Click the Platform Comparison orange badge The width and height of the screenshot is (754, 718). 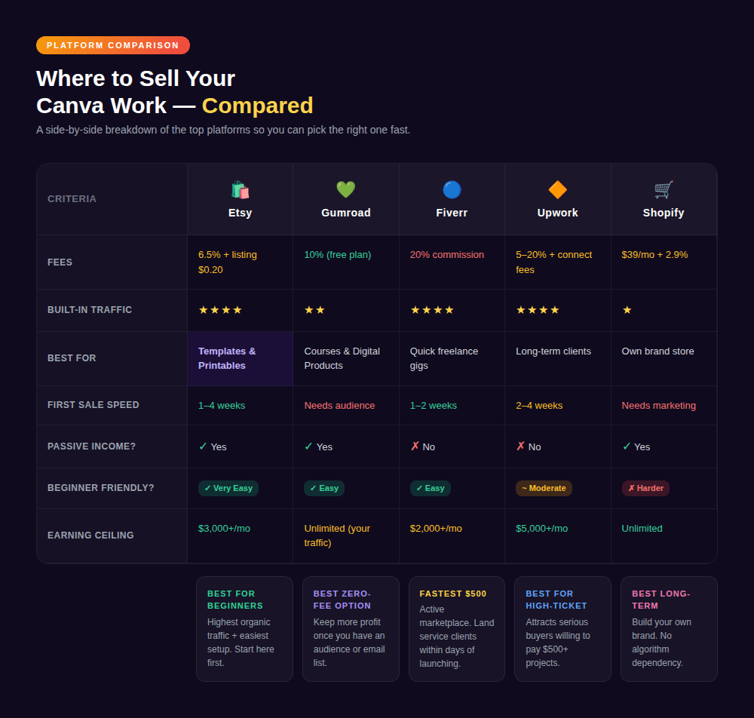(x=113, y=45)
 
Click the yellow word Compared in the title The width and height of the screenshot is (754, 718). (x=257, y=106)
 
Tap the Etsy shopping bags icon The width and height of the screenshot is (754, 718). (x=240, y=189)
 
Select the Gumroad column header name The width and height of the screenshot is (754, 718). (x=345, y=213)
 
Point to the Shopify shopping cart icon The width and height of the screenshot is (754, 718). (x=664, y=189)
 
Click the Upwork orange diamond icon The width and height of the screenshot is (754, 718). (x=557, y=189)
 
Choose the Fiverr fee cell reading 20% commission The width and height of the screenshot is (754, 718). (x=446, y=255)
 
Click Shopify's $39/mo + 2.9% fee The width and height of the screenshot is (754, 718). (x=654, y=255)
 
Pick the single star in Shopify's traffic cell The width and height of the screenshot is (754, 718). (x=627, y=310)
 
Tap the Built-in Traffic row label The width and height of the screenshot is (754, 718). (x=90, y=310)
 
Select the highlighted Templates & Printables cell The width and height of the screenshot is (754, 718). (x=240, y=358)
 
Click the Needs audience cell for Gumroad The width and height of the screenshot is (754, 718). (x=339, y=406)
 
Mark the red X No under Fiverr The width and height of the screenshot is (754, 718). (x=422, y=446)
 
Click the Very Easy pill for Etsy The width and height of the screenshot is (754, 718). (x=228, y=488)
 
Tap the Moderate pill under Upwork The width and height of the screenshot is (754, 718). (x=544, y=488)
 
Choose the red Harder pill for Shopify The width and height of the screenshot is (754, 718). (x=645, y=488)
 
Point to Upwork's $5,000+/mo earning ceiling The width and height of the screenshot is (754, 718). (x=541, y=529)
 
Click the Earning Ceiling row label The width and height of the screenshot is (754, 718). (x=90, y=535)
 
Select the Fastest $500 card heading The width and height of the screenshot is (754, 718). (x=453, y=594)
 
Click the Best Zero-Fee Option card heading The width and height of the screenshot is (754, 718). (x=342, y=600)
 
